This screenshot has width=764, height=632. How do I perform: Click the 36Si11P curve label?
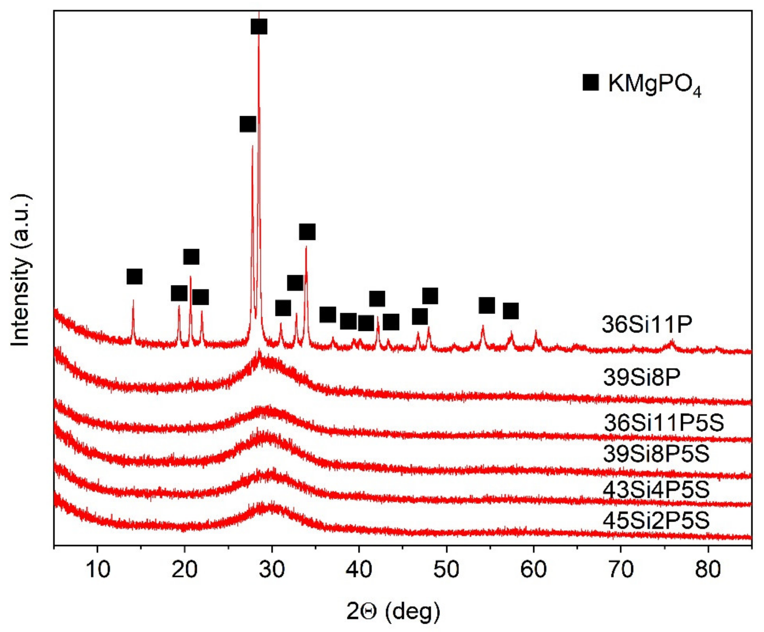point(647,324)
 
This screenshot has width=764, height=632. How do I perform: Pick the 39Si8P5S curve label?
point(656,453)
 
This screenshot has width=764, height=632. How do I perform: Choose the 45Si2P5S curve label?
point(656,521)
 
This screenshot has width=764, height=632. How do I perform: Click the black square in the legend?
point(590,83)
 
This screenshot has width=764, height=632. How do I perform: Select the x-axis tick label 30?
point(272,569)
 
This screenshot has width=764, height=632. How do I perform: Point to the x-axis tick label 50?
point(446,569)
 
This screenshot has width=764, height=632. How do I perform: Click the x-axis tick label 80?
point(707,569)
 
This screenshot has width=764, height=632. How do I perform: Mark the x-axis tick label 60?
point(533,569)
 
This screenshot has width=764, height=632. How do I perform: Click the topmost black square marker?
point(259,27)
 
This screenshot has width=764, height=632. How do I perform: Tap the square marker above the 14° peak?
point(134,277)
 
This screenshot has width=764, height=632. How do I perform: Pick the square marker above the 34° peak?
point(307,232)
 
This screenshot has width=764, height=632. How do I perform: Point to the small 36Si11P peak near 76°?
point(672,342)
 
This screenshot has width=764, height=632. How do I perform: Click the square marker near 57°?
point(511,311)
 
